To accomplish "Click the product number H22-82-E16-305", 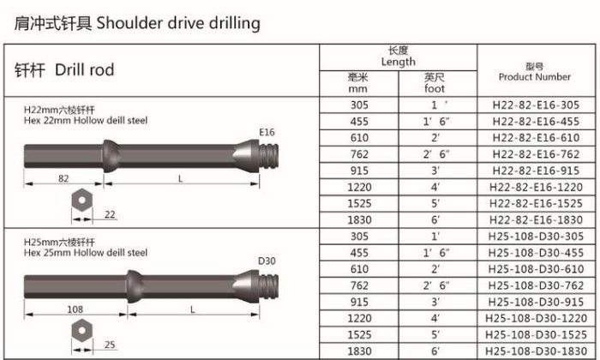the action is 536,105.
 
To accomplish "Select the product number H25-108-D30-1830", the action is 536,351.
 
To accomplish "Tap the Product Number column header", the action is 535,71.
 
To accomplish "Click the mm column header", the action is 358,83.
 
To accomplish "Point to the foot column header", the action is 435,83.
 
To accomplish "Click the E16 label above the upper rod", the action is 267,132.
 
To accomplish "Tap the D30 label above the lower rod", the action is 267,261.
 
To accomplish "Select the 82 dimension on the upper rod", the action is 63,178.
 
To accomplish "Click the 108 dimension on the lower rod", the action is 75,309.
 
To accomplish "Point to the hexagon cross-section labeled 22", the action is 81,200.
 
